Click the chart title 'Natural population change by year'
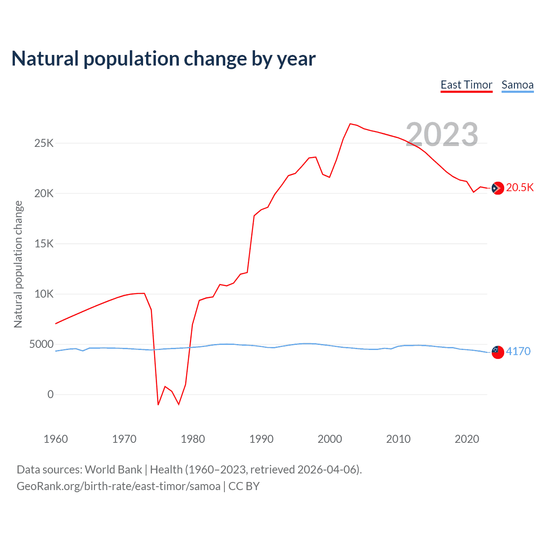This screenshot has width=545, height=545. click(163, 59)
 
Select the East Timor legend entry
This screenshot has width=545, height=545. click(466, 85)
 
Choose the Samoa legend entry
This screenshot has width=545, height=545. click(517, 85)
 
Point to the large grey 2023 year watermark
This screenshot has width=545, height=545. click(442, 135)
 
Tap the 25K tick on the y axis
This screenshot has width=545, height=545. click(44, 143)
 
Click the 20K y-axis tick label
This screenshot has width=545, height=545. click(44, 193)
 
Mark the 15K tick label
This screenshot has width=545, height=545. click(44, 244)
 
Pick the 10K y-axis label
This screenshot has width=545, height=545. click(44, 294)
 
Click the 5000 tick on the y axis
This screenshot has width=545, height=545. click(41, 344)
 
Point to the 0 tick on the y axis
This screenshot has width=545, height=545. click(51, 394)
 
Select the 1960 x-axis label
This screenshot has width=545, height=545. click(56, 439)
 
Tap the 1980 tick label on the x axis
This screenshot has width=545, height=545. click(193, 439)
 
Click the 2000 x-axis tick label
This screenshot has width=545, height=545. click(330, 439)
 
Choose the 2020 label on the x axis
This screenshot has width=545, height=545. click(467, 439)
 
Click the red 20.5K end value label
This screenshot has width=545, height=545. click(520, 188)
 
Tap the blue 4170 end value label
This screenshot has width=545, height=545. click(518, 352)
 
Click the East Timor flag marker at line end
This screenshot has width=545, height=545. click(497, 188)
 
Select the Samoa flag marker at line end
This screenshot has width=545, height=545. click(497, 352)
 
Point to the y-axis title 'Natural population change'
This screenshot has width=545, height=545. click(18, 264)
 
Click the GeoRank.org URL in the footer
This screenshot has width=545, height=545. click(118, 486)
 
